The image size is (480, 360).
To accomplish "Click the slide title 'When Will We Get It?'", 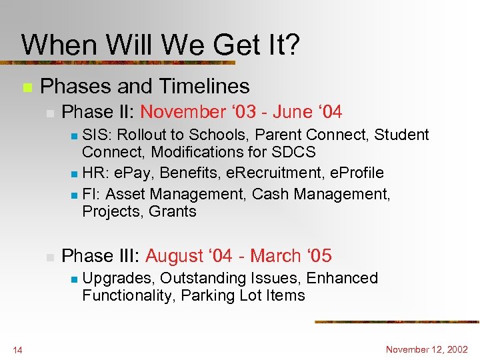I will (x=160, y=45).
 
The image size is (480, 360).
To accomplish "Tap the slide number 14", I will (x=17, y=350).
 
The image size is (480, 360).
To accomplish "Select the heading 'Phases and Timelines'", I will (x=145, y=86).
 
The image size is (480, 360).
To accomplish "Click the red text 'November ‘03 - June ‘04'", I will (x=241, y=112).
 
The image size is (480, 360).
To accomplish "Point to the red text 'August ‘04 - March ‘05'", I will (x=238, y=256).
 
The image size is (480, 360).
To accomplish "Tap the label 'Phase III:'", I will (x=101, y=256).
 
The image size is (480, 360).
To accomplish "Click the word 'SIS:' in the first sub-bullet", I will (x=97, y=135).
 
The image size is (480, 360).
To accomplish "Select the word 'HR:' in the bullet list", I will (x=97, y=173).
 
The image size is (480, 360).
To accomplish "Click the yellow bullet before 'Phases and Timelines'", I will (x=27, y=87).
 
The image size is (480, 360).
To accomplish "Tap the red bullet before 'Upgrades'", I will (x=75, y=279).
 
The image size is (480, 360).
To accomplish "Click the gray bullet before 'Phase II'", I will (x=49, y=113).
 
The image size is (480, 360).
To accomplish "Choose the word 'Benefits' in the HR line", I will (x=193, y=173).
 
